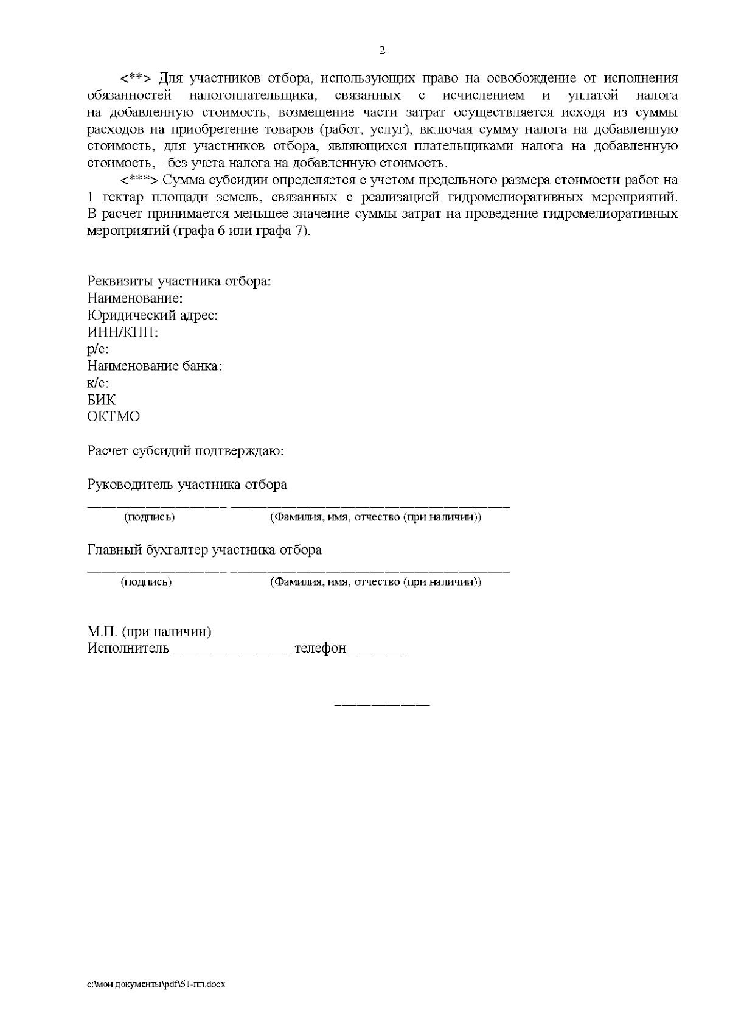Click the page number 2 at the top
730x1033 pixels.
pos(382,51)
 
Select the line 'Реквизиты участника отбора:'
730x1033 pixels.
pos(179,282)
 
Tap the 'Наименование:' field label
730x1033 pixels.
pos(135,299)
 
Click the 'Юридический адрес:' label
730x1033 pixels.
pos(153,316)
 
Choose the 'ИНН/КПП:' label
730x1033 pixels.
pos(122,333)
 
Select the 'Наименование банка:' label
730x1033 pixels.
pos(155,366)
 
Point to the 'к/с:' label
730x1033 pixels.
pos(98,383)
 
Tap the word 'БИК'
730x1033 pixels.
pos(102,400)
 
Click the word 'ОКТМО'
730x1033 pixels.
pos(114,417)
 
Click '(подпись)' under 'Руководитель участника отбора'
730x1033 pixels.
pos(149,517)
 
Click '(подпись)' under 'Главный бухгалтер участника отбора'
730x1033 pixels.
pos(146,582)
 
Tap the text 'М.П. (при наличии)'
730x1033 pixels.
pos(150,631)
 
